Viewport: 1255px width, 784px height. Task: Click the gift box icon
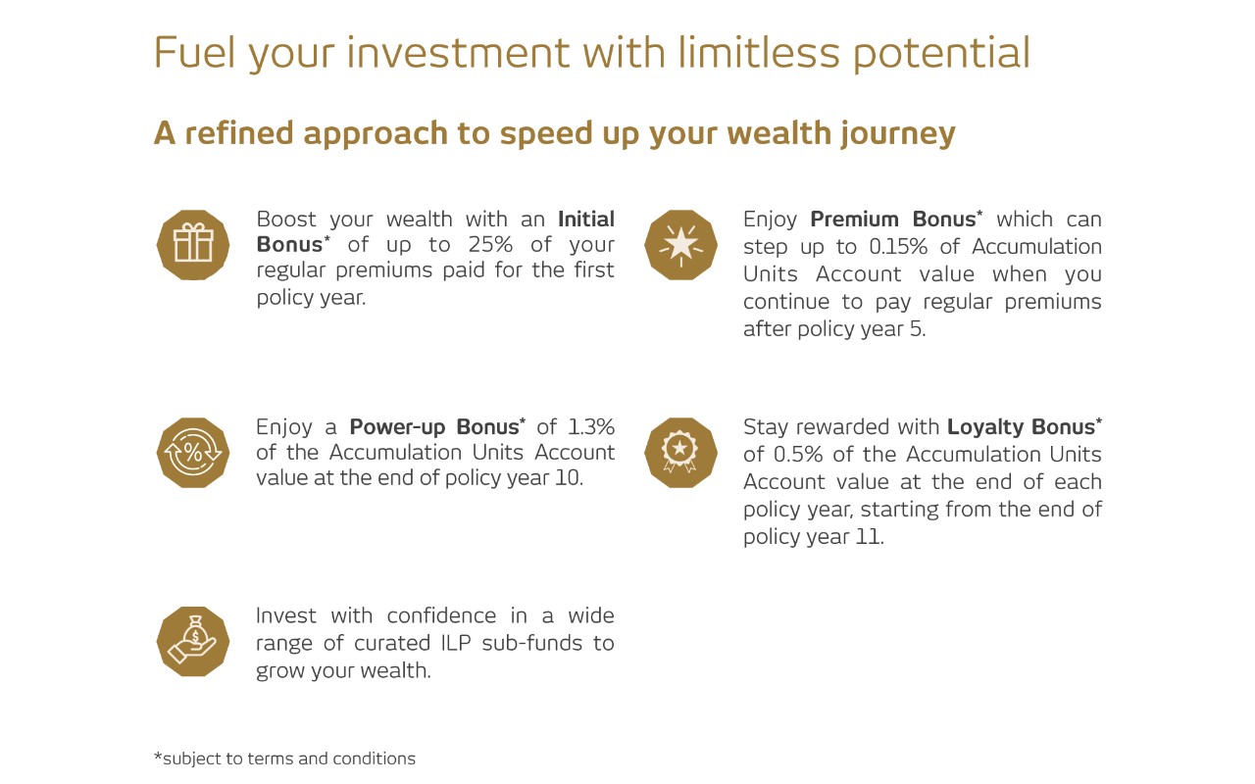[193, 245]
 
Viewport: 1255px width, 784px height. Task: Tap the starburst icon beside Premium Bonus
[680, 245]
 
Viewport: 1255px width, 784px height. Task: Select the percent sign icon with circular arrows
[193, 453]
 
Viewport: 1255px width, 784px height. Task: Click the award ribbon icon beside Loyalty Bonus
[680, 453]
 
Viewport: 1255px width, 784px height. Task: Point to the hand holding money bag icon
[193, 642]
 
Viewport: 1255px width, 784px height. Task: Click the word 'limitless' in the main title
[759, 53]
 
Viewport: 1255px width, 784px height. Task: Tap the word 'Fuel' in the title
[194, 53]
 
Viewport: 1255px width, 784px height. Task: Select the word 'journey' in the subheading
[897, 134]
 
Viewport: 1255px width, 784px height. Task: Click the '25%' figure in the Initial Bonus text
[490, 245]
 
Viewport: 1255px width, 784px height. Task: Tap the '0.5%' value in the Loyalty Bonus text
[798, 454]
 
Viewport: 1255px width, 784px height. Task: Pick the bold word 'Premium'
[854, 219]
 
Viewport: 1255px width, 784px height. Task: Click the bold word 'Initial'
[586, 219]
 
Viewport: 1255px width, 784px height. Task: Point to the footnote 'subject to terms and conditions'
[289, 759]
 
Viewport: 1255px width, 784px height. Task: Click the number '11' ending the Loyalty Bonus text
[868, 536]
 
